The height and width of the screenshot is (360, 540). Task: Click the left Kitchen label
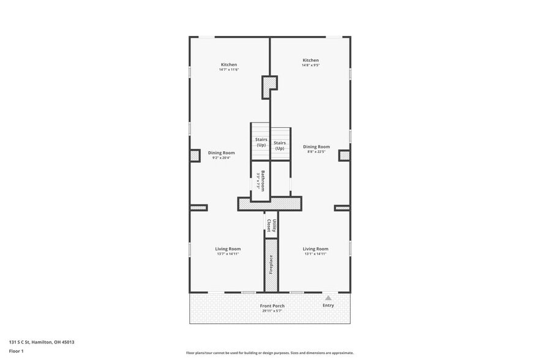pyautogui.click(x=229, y=64)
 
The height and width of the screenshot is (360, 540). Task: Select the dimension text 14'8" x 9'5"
pyautogui.click(x=310, y=65)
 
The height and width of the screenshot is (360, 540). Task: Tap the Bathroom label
pyautogui.click(x=263, y=181)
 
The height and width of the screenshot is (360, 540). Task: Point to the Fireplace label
pyautogui.click(x=271, y=264)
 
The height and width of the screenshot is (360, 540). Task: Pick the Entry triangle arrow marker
pyautogui.click(x=328, y=298)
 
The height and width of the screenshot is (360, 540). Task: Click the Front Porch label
pyautogui.click(x=272, y=306)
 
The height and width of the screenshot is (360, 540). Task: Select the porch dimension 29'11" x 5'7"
pyautogui.click(x=272, y=311)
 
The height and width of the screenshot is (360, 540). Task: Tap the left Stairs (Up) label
pyautogui.click(x=261, y=142)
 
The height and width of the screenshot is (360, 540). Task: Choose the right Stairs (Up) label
pyautogui.click(x=280, y=146)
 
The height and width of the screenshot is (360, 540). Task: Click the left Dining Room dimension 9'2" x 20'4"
pyautogui.click(x=221, y=157)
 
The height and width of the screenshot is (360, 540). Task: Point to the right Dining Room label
pyautogui.click(x=316, y=146)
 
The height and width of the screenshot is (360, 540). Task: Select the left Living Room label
pyautogui.click(x=228, y=249)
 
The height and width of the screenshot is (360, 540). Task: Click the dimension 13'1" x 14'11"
pyautogui.click(x=315, y=253)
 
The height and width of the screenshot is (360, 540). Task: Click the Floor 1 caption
pyautogui.click(x=16, y=351)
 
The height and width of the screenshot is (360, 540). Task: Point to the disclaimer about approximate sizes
pyautogui.click(x=269, y=353)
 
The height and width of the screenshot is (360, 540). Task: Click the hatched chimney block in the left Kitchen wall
pyautogui.click(x=269, y=87)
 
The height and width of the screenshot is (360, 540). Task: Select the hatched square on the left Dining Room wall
pyautogui.click(x=195, y=156)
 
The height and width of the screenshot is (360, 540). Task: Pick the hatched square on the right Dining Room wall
pyautogui.click(x=345, y=156)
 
